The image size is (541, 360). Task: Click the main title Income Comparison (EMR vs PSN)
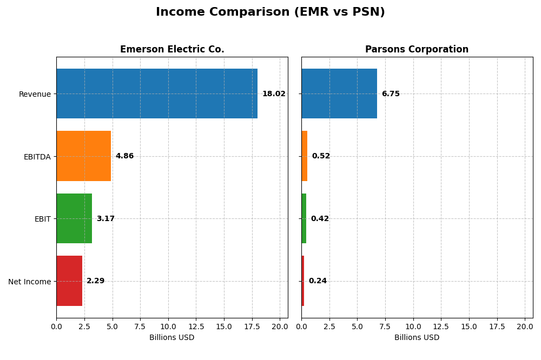coord(270,12)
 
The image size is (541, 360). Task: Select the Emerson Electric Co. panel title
coord(172,49)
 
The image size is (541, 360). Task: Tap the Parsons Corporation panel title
coord(417,49)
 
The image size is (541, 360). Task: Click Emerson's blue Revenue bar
coord(157,94)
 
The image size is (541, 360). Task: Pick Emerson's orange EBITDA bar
coord(83,156)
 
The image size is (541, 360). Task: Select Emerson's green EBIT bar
coord(74,218)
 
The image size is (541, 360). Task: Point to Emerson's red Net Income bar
coord(69,281)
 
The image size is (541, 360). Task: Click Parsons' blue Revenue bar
coord(339,94)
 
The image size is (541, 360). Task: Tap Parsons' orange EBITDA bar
coord(305,156)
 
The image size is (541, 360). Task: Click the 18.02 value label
coord(274,94)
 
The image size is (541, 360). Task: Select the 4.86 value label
coord(124,156)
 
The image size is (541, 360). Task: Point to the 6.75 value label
coord(391,94)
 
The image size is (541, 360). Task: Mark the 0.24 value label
coord(318,281)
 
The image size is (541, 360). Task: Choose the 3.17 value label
coord(105,219)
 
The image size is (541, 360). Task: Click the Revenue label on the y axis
coord(35,94)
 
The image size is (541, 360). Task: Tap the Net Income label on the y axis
coord(29,282)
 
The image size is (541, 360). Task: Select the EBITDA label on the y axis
coord(37,157)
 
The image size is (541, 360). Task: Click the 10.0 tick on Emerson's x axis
coord(168,326)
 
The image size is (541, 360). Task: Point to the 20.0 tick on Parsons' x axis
coord(525,326)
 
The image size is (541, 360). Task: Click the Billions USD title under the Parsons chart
coord(417,338)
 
